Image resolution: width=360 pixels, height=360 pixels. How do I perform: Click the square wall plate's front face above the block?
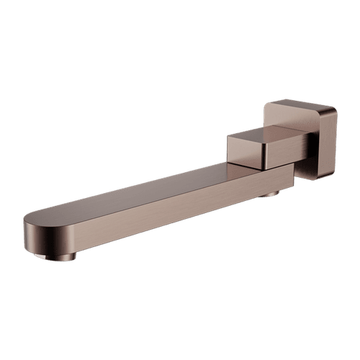[288, 115]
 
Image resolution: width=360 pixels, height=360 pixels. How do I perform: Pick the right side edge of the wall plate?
[333, 144]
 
